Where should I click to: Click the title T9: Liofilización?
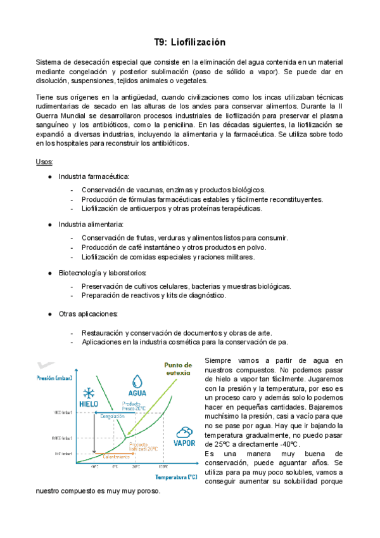point(189,43)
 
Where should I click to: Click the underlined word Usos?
point(44,162)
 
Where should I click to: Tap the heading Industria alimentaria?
point(91,224)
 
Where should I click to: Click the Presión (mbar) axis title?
point(55,378)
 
